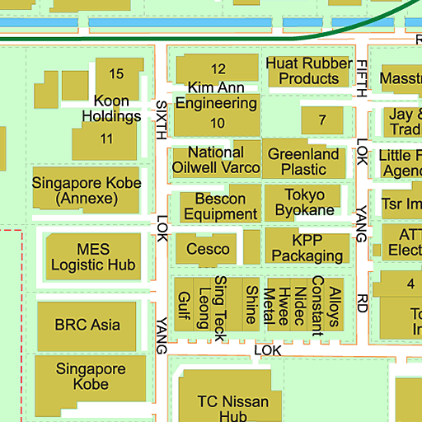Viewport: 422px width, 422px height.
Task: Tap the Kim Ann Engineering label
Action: pos(216,96)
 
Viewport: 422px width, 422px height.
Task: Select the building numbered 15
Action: pos(116,74)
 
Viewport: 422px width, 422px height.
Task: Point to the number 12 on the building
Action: pos(218,69)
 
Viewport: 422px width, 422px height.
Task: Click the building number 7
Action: pos(322,120)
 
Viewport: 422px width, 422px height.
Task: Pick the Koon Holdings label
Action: pos(111,109)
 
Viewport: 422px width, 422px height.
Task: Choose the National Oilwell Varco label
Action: pos(216,160)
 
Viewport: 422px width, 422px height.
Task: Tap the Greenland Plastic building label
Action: pos(304,162)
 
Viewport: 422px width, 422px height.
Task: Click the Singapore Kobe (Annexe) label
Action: pos(87,190)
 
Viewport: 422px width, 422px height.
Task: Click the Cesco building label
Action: pos(203,249)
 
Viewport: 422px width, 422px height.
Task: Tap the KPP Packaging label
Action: pos(306,248)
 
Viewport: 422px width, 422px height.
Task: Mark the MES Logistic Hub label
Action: pos(93,256)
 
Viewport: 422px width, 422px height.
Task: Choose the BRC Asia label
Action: pos(87,324)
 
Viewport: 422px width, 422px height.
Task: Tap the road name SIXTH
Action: pos(162,118)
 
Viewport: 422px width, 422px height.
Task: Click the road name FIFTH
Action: pos(362,79)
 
